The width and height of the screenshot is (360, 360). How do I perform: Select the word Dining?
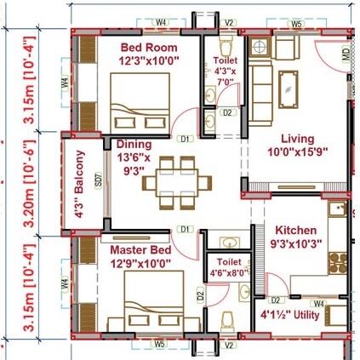point(134,144)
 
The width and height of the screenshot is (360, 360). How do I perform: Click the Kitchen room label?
point(295,231)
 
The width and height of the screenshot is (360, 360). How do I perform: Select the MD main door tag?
point(345,57)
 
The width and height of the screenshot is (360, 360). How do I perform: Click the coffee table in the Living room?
point(289,85)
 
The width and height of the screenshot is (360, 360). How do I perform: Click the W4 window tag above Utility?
point(318,303)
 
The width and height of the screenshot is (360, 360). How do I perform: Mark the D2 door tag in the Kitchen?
point(276,300)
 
